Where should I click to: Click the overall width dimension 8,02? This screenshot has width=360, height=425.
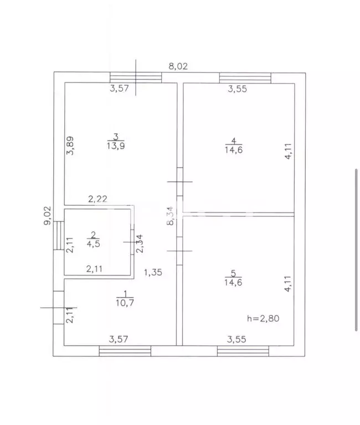(x=178, y=66)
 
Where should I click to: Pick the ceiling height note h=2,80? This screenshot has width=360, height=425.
(x=264, y=318)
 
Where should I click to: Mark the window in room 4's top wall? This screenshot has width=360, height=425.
(x=245, y=77)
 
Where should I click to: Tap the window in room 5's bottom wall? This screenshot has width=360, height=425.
(x=243, y=351)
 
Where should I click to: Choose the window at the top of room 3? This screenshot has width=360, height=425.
(x=136, y=77)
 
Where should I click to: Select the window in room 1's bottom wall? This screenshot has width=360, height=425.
(x=125, y=351)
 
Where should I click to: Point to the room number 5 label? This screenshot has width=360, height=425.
(x=233, y=273)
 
